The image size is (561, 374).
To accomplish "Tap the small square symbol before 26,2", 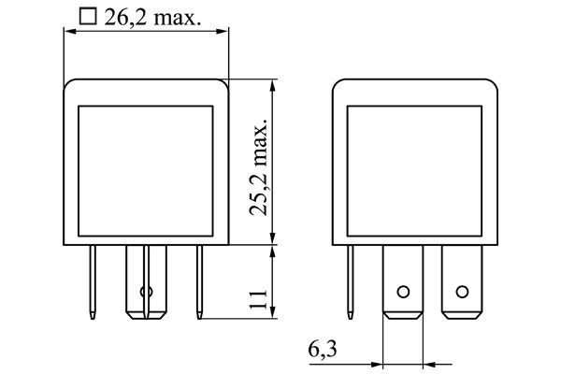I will pyautogui.click(x=88, y=16).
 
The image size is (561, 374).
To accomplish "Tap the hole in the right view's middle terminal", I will pyautogui.click(x=403, y=291).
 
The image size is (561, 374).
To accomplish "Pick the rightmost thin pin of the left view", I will pyautogui.click(x=198, y=280).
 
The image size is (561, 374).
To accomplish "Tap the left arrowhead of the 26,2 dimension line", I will pyautogui.click(x=67, y=31).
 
